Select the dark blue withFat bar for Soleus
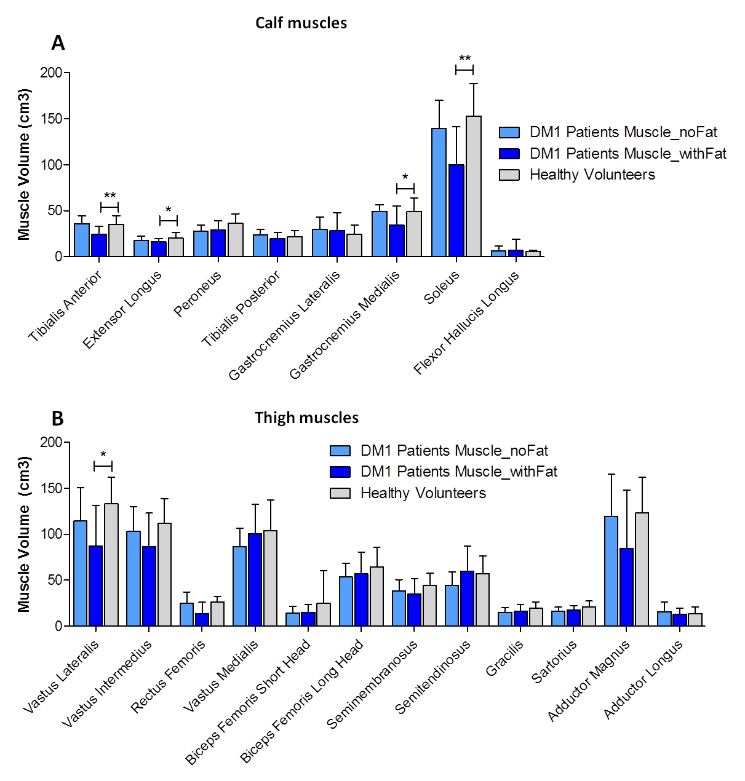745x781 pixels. [x=456, y=210]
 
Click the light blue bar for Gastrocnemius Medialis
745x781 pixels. [x=380, y=234]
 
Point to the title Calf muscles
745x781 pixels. [x=301, y=23]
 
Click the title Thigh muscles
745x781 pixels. [x=306, y=418]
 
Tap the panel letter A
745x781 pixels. [x=58, y=43]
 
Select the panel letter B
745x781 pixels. [x=57, y=419]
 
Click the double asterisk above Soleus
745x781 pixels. [x=464, y=60]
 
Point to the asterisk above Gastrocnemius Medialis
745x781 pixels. [x=405, y=178]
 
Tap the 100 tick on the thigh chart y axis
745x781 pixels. [x=52, y=534]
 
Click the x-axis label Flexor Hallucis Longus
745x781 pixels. [x=467, y=323]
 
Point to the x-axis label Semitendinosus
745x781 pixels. [x=433, y=676]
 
